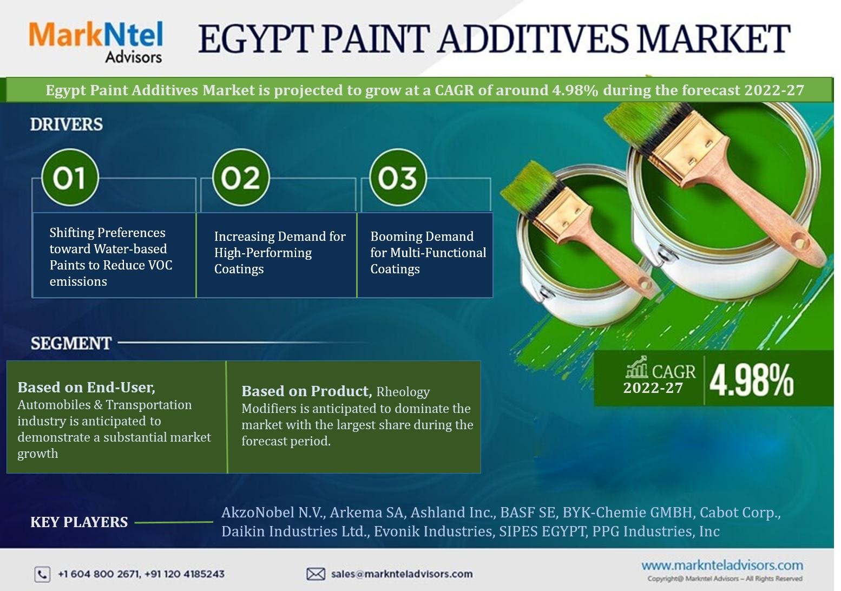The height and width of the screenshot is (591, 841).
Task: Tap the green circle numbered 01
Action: point(70,178)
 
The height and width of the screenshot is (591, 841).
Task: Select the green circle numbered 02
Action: point(240,178)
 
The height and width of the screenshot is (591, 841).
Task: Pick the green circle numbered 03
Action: point(398,178)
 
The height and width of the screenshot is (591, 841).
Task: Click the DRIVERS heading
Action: point(66,124)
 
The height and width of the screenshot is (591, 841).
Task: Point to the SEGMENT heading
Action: point(71,343)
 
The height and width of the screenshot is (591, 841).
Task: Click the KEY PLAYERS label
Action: point(79,522)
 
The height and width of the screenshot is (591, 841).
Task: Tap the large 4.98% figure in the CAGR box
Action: point(751,380)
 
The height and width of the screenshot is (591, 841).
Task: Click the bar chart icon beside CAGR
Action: point(636,368)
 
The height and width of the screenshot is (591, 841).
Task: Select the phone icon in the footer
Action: point(42,574)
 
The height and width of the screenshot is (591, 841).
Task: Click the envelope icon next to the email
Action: point(316,574)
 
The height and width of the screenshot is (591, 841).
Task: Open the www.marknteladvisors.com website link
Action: point(722,566)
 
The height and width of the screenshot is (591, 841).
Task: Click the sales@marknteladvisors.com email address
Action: point(402,574)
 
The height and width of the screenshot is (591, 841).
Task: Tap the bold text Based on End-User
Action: point(87,388)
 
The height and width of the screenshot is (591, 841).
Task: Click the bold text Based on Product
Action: point(306,391)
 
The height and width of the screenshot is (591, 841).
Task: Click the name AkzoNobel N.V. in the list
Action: point(273,513)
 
